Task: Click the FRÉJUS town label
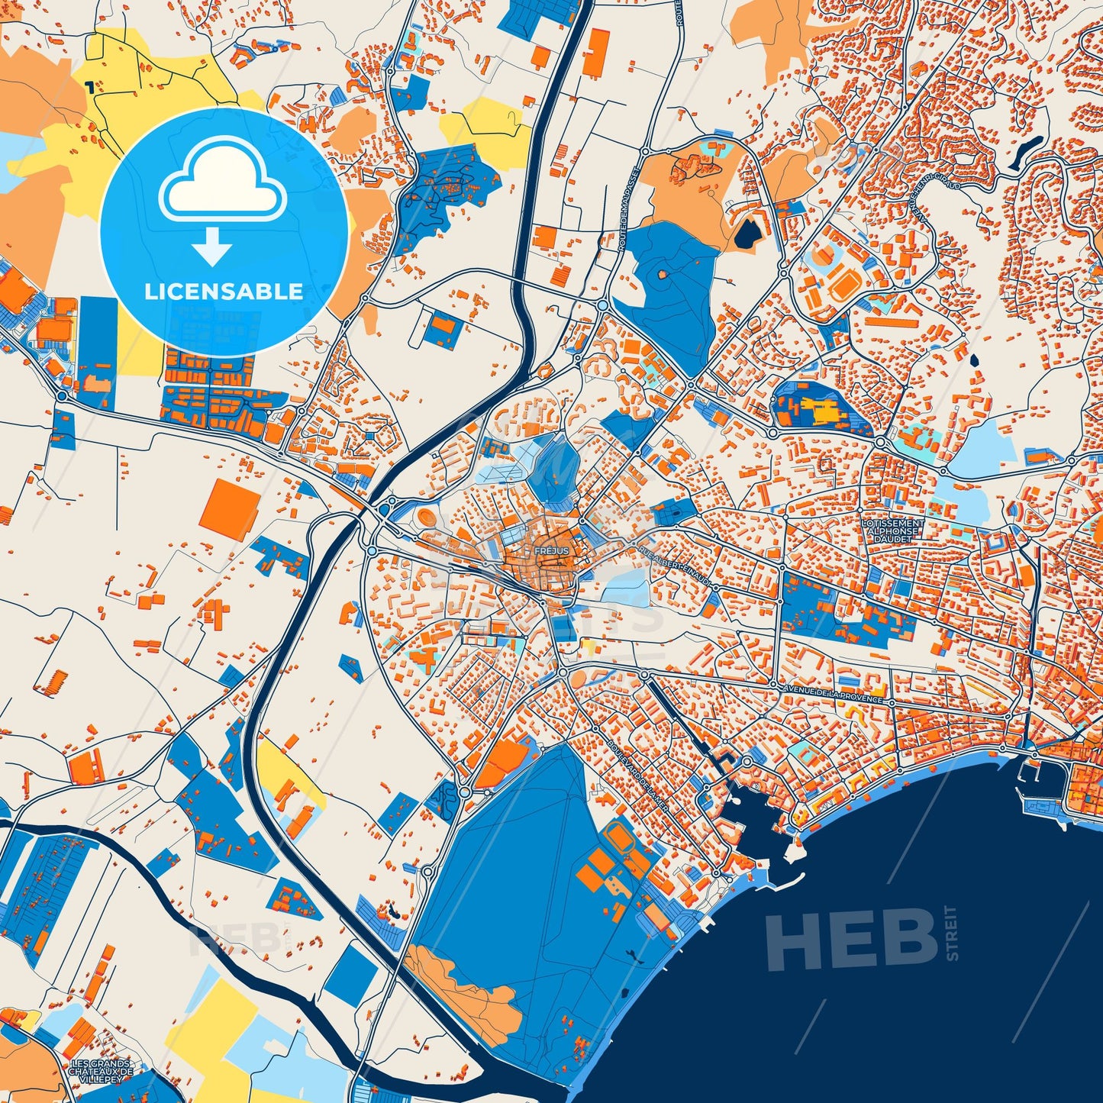[x=547, y=550]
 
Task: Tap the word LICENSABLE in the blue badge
[x=224, y=292]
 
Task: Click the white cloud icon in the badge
[x=222, y=182]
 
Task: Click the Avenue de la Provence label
[x=833, y=693]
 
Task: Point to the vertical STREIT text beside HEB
[x=951, y=933]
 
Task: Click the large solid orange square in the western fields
[x=230, y=510]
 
